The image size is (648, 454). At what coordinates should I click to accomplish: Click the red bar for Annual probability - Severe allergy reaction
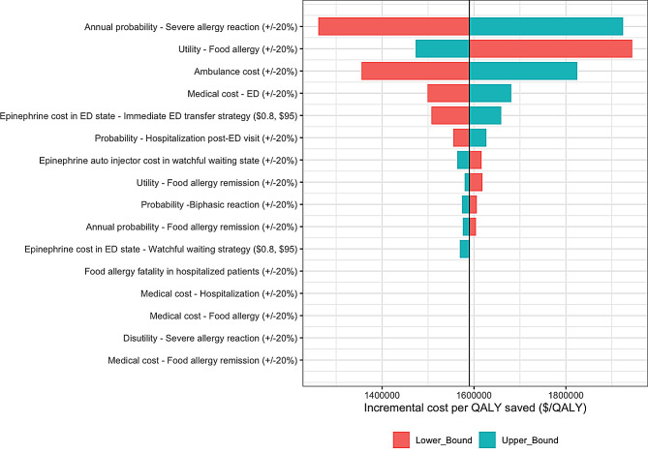point(393,26)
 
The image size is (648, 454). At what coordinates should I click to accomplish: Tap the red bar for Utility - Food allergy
point(550,48)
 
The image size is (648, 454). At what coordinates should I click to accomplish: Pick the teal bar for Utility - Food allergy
point(442,48)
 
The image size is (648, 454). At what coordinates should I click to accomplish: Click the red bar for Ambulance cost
point(415,71)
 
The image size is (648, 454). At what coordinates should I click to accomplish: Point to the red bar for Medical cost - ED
point(447,93)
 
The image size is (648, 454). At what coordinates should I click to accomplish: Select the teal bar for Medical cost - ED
point(490,93)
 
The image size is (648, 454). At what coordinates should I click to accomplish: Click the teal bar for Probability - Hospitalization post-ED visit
point(478,137)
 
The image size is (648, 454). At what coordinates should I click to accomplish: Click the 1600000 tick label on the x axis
point(474,394)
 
